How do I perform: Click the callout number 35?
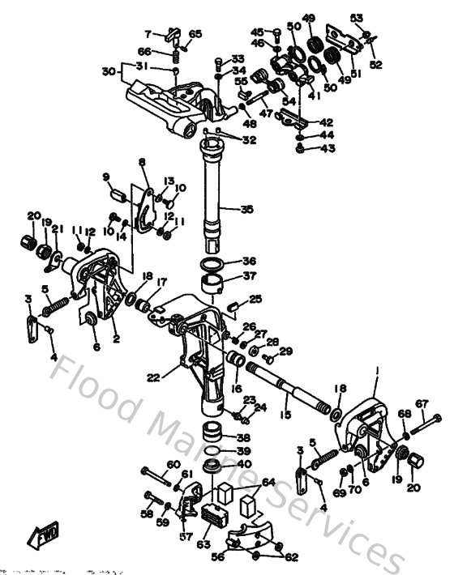[246, 210]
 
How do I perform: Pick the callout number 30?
[109, 71]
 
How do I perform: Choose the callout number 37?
[248, 277]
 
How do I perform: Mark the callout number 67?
[422, 403]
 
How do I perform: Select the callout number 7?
[148, 34]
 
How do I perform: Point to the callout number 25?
[255, 300]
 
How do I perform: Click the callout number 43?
[327, 148]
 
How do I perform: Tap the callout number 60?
[173, 465]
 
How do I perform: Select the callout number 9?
[105, 177]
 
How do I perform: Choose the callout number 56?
[217, 557]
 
